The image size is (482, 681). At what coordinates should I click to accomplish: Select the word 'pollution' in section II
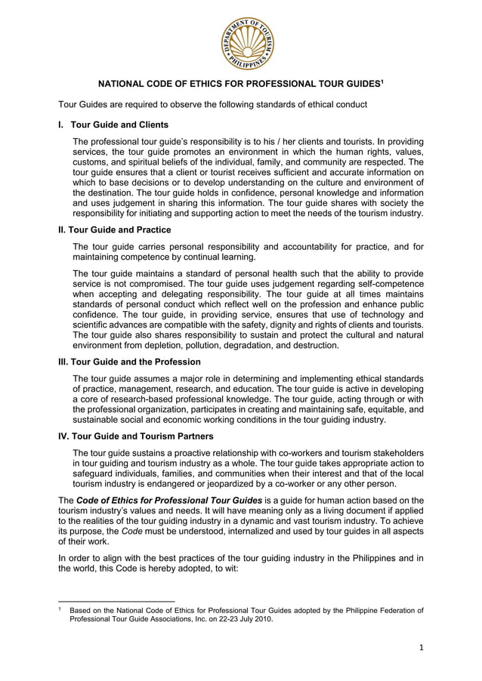coord(210,345)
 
